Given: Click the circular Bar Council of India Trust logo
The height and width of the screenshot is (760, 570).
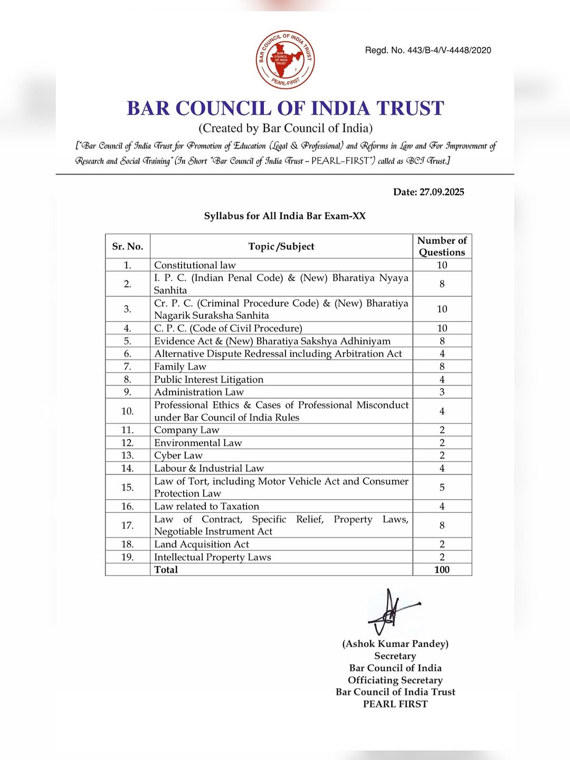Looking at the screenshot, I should point(285,59).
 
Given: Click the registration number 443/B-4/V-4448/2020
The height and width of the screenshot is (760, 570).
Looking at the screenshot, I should point(449,51).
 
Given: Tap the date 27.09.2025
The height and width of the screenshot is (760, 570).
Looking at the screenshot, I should point(442,192).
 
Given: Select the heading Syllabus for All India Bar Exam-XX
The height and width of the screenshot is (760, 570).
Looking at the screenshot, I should point(285,216).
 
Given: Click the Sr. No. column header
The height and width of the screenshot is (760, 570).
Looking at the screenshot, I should point(128,246).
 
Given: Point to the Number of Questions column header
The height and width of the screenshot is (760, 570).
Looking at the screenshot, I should point(442,246).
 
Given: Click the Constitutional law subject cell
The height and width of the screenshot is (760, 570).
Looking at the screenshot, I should point(195,265).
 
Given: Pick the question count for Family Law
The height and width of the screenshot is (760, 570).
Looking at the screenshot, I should point(442,366).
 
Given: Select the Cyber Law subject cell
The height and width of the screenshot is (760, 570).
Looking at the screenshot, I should point(178,455).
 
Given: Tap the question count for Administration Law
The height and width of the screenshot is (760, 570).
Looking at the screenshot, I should point(442,392).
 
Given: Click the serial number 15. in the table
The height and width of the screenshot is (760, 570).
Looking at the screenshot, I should point(128,487).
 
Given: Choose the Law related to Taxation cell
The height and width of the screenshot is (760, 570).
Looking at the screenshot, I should point(206,506).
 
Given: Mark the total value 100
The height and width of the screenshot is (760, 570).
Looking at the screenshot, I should point(442,569).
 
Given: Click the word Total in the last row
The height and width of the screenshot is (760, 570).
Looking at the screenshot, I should point(166,569).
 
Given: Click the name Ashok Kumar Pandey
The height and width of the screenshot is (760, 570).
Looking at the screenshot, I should point(395,644).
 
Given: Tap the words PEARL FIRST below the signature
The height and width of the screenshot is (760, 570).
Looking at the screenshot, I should point(395,704).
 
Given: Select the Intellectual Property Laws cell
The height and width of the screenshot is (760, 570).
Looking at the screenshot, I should point(213,557).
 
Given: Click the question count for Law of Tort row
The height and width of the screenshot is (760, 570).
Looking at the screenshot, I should point(442,487).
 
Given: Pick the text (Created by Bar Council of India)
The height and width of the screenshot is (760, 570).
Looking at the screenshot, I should point(286,128).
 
